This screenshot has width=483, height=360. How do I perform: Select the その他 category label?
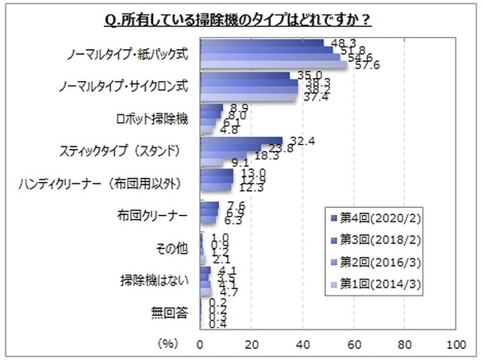176,247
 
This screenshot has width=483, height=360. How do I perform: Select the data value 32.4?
298,139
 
